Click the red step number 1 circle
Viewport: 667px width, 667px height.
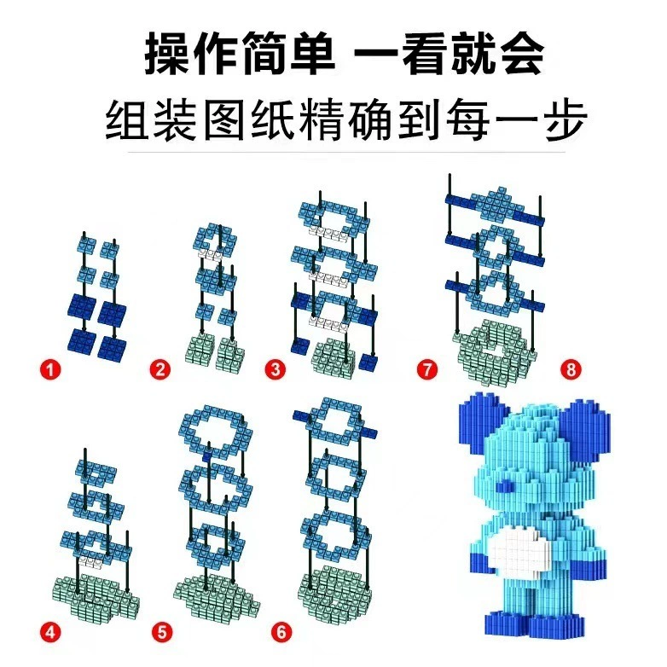[50, 369]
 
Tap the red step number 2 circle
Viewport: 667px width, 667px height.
[160, 369]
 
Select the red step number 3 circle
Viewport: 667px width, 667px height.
[275, 369]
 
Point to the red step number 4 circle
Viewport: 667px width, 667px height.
[50, 632]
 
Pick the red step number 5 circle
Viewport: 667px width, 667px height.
[163, 632]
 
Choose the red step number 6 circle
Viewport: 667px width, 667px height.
[281, 632]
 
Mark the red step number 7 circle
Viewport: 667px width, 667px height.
[427, 369]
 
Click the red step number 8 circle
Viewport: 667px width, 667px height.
[571, 369]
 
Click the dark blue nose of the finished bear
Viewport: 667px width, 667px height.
[504, 486]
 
